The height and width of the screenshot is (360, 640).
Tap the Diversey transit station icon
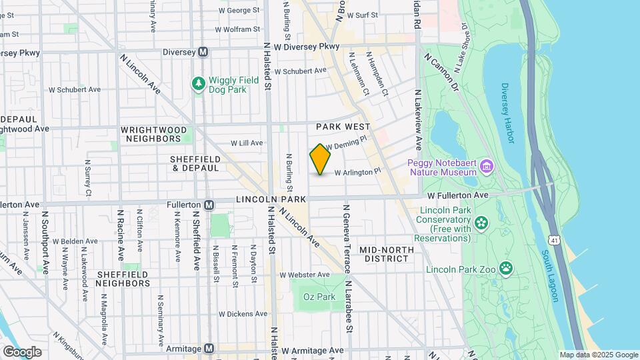coord(203,52)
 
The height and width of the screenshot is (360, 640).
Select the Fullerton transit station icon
coord(209,205)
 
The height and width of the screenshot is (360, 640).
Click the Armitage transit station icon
coord(209,349)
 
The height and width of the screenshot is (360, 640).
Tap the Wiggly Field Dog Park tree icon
coord(198,83)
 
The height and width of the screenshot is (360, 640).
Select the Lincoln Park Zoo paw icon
coord(507,269)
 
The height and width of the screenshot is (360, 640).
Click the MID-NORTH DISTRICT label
coord(386,254)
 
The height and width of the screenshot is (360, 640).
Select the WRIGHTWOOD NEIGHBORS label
coord(151,134)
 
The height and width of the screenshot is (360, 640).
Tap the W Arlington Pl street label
coord(357,172)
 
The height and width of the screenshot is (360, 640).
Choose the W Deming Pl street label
coord(347,143)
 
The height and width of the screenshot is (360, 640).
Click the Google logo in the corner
coord(22,351)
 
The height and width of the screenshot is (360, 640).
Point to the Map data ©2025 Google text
coord(598,355)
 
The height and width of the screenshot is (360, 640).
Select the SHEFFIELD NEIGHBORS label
coord(132,279)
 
